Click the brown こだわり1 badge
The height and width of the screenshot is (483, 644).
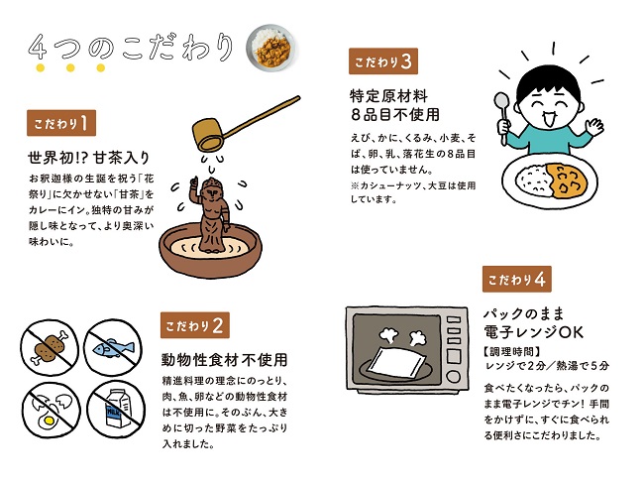61,123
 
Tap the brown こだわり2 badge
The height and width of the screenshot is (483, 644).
194,325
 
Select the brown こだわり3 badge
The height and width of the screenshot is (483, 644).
383,61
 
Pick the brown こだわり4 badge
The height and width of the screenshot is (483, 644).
516,279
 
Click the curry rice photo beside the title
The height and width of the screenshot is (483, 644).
270,48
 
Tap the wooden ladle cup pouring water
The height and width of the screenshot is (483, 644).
208,135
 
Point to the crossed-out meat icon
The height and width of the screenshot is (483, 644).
50,347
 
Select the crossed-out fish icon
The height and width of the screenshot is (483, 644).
113,347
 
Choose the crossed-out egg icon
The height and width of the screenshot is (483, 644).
51,410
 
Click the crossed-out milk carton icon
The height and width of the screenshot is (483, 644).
115,409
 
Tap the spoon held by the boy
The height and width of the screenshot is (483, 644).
502,118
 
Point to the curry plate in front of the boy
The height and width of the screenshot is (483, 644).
550,181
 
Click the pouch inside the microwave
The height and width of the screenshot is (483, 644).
395,360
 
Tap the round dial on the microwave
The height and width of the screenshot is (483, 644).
454,376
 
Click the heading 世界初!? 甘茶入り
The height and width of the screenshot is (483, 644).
89,158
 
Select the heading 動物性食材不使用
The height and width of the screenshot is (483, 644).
224,360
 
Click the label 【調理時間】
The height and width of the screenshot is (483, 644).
512,351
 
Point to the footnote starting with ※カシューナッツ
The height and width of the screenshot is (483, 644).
413,192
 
